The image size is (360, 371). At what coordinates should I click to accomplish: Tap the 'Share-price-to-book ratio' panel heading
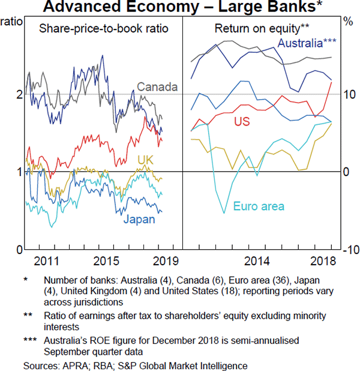[x=104, y=29]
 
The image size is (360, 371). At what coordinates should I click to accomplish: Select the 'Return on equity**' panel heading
[x=254, y=29]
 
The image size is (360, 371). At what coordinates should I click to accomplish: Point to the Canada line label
[x=157, y=87]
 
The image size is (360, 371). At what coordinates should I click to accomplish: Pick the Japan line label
[x=139, y=219]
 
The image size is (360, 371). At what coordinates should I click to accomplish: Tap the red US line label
[x=242, y=122]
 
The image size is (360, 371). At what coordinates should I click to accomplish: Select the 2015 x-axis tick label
[x=106, y=261]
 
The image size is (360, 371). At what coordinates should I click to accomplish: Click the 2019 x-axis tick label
[x=161, y=261]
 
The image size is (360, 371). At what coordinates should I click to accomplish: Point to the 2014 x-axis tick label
[x=257, y=261]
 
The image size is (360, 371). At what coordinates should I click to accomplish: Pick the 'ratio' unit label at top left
[x=13, y=22]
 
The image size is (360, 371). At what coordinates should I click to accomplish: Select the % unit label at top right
[x=347, y=22]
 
